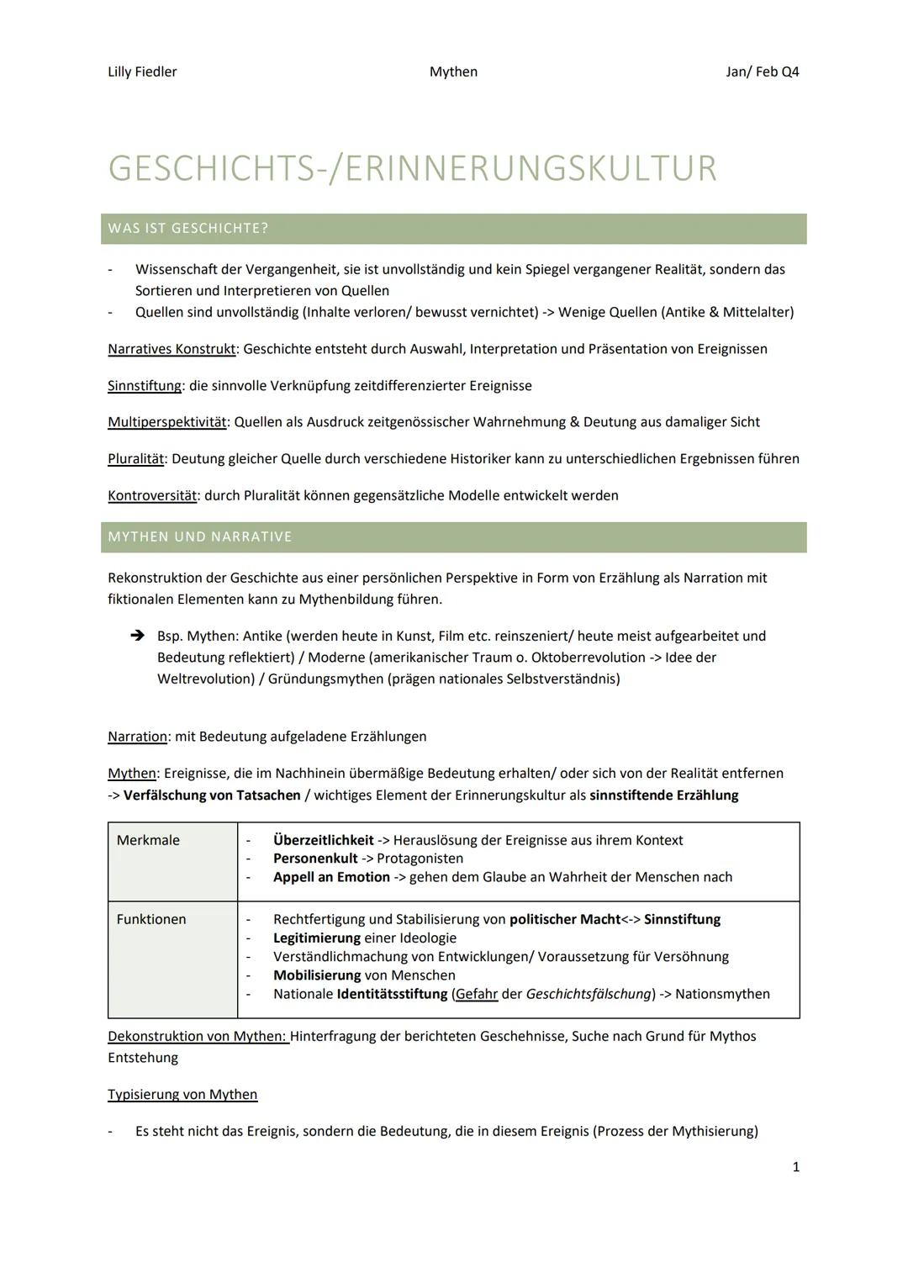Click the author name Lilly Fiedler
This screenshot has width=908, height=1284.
142,71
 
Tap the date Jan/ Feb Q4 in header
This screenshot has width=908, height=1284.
762,71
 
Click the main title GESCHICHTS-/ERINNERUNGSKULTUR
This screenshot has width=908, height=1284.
412,168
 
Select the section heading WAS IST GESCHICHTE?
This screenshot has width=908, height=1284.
188,229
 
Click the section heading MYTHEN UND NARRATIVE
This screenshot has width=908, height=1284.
200,536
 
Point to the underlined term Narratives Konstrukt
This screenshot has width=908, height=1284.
172,349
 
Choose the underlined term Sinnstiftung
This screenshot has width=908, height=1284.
145,386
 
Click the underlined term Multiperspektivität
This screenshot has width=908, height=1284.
167,422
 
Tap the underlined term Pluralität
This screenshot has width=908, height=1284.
135,459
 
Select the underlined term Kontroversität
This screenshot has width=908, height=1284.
152,495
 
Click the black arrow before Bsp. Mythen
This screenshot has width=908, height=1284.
138,637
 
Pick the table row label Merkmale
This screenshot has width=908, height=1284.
148,840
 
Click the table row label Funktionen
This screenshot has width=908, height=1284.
151,919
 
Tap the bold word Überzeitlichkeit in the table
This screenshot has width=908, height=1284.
323,840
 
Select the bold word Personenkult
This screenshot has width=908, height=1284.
315,859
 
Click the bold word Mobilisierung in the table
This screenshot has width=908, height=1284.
317,975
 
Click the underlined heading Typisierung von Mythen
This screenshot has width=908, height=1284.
182,1095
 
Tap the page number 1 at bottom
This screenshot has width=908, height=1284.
795,1167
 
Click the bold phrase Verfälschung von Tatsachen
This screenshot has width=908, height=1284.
212,795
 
